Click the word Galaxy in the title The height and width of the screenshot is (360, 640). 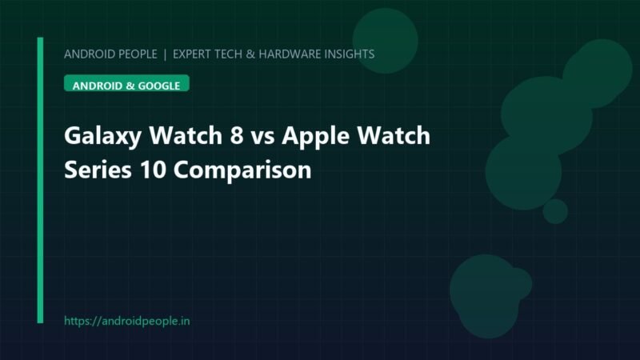(103, 136)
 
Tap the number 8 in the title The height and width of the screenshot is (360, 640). (237, 135)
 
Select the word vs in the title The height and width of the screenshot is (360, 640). (262, 138)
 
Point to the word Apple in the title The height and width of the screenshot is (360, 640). (315, 136)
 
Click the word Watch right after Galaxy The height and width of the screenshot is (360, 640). (186, 135)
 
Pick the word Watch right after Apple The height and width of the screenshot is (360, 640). (394, 135)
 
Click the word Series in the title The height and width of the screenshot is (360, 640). (98, 170)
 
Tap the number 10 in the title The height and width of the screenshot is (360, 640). (153, 170)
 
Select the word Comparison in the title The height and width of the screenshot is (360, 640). (242, 170)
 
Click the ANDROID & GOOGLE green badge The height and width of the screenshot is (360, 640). (126, 83)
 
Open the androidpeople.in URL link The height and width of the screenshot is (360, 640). (127, 322)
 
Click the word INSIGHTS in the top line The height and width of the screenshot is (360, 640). (350, 54)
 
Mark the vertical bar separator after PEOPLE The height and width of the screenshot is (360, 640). (165, 54)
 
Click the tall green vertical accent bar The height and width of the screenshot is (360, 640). (40, 180)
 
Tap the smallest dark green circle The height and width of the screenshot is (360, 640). (555, 211)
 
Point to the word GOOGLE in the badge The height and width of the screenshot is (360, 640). (158, 86)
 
